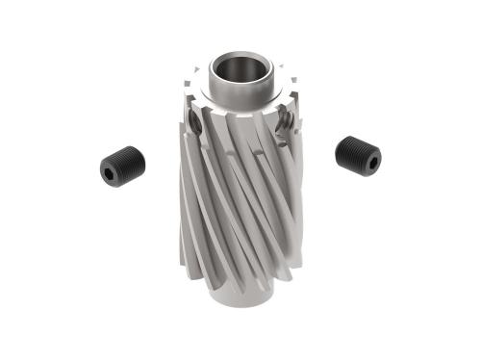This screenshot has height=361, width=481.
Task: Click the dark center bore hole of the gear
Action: coord(239,69)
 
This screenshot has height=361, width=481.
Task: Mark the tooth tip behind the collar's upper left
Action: coord(196,71)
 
